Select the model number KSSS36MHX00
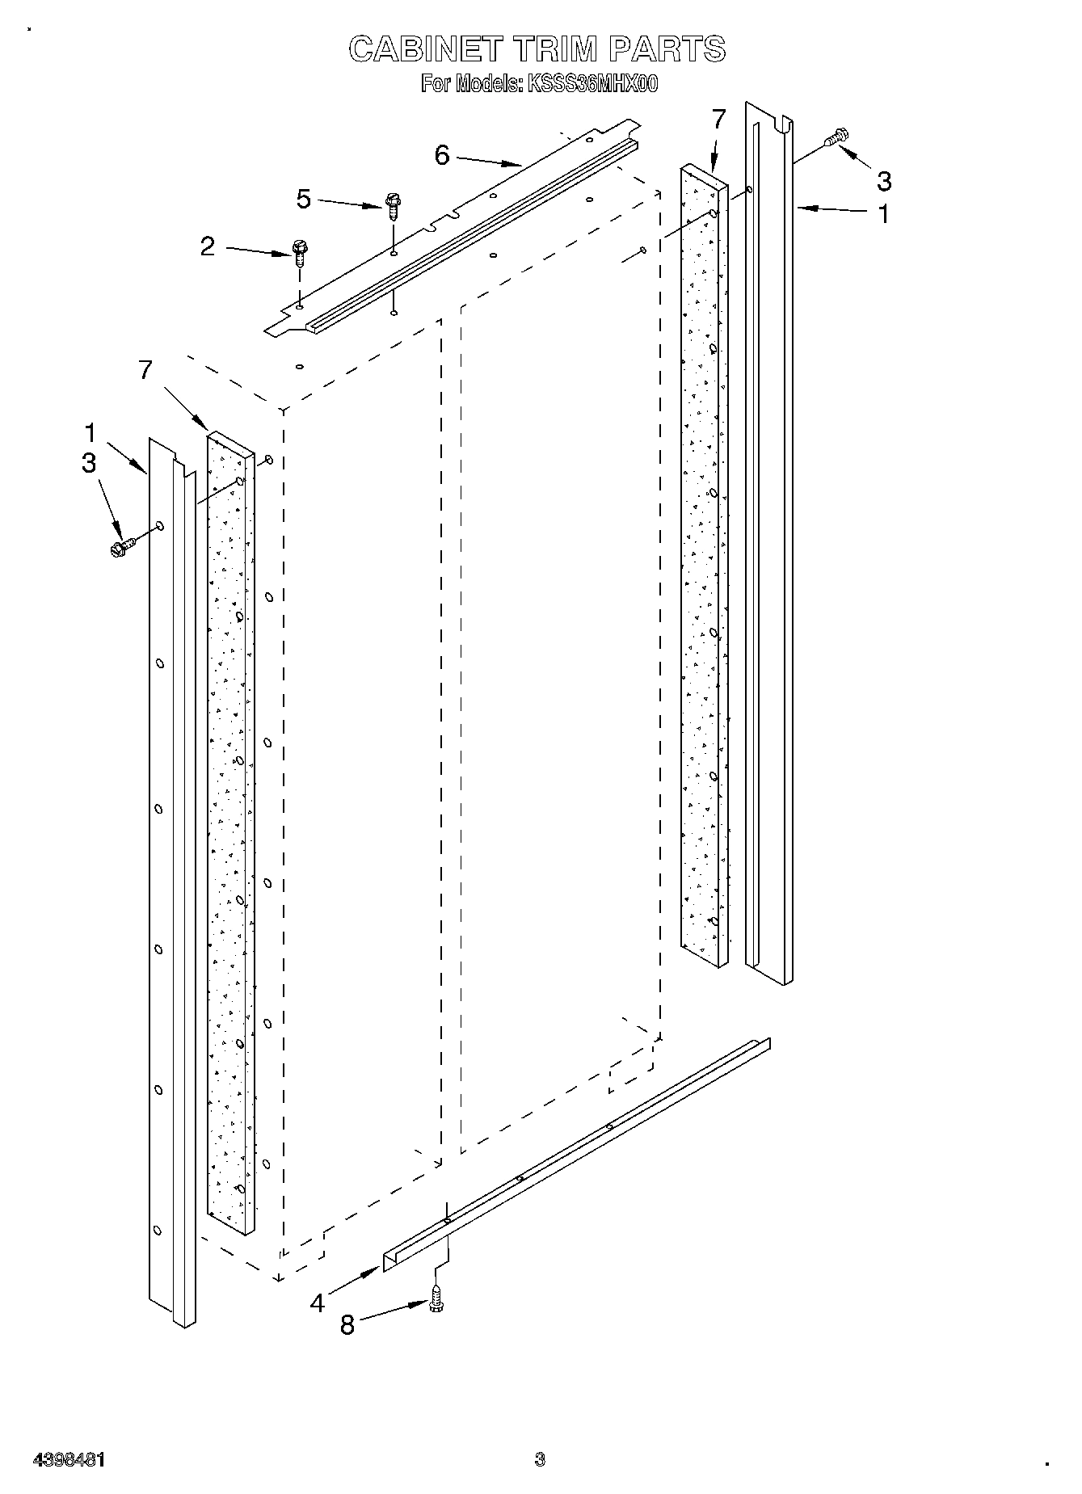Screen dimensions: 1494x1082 tap(592, 84)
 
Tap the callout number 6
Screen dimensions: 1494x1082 tap(442, 155)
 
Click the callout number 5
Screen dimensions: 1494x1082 tap(304, 199)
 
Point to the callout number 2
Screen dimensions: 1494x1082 tap(208, 247)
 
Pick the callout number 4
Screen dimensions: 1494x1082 tap(317, 1303)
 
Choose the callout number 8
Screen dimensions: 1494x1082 tap(347, 1326)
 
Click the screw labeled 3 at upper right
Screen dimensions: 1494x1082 tap(837, 138)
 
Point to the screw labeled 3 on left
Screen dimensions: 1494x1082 tap(120, 547)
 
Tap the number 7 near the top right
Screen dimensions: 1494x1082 tap(719, 119)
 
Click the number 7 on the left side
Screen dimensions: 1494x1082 tap(145, 370)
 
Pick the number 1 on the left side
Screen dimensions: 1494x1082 tap(91, 433)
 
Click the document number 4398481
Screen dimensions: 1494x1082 tap(69, 1460)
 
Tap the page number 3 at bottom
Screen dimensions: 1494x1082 tap(540, 1459)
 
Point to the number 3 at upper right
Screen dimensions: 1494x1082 tap(884, 182)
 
